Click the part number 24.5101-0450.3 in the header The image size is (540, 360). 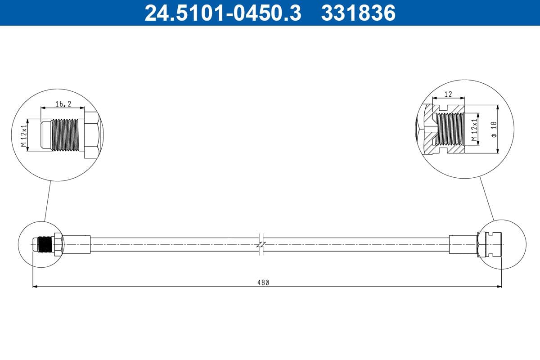point(222,13)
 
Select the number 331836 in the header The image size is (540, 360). point(358,13)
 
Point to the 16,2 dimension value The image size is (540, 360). point(63,104)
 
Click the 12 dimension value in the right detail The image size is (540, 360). point(448,94)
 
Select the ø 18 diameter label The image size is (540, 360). point(493,129)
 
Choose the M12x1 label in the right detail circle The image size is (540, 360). point(473,130)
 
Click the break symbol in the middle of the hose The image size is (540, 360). point(261,244)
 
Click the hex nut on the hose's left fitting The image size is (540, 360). point(58,244)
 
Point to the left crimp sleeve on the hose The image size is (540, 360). point(76,244)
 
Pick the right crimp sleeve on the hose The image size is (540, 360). point(462,244)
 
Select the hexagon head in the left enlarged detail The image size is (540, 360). point(91,135)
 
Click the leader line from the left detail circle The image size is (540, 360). point(48,201)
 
